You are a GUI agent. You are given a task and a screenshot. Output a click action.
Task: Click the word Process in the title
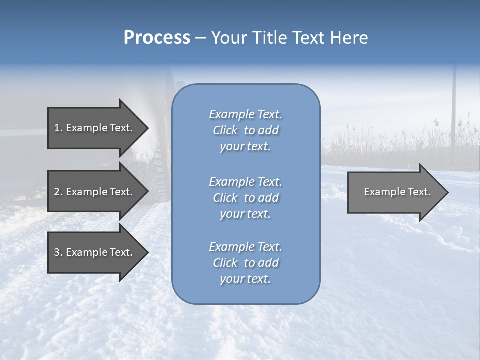click(157, 38)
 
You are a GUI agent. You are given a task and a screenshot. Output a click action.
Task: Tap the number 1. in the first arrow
click(58, 128)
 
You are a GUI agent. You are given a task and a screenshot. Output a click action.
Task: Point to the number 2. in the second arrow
click(58, 192)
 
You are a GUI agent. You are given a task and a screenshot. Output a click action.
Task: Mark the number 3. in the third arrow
click(58, 252)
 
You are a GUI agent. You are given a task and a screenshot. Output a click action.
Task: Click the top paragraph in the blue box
click(245, 130)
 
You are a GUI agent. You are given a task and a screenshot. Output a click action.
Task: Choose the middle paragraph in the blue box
click(245, 198)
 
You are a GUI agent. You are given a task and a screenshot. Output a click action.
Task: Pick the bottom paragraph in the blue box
click(245, 263)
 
